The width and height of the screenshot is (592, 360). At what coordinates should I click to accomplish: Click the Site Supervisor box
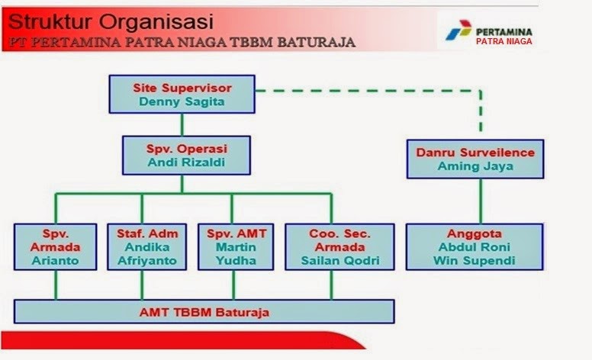pos(182,95)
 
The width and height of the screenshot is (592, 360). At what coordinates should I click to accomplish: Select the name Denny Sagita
pos(182,102)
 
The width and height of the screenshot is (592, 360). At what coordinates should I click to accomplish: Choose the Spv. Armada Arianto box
pos(56,246)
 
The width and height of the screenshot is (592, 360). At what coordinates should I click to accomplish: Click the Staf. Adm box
pos(142,246)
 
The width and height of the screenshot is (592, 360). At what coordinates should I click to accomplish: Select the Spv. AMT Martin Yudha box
pos(233,246)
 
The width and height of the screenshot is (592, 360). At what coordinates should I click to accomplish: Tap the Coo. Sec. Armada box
pos(331,246)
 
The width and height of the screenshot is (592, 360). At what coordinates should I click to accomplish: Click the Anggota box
pos(475,246)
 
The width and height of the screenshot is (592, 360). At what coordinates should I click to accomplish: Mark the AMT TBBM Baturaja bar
pos(204,312)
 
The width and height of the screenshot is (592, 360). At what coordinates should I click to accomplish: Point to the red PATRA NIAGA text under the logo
pos(504,42)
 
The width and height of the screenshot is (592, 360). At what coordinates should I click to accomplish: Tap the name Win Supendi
pos(475,261)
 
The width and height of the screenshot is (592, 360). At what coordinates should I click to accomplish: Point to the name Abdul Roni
pos(475,247)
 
